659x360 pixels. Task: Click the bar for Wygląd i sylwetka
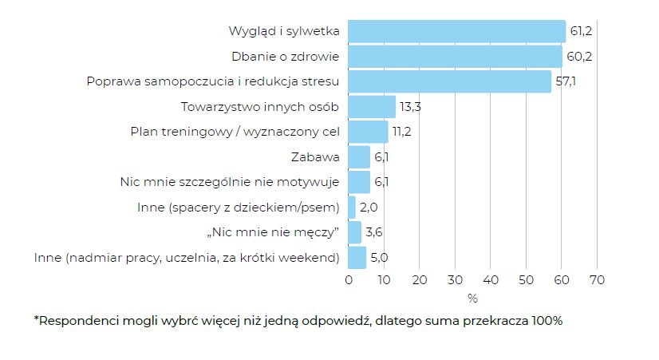coord(456,32)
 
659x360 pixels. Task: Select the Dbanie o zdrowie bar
coord(455,57)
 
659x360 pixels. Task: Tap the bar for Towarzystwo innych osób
coord(372,107)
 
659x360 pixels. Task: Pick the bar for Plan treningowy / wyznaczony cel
coord(368,132)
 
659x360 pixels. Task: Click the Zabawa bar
coord(359,157)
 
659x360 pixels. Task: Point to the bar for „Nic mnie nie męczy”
coord(355,232)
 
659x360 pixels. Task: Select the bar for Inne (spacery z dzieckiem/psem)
coord(352,208)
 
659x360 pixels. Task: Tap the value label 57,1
coord(566,82)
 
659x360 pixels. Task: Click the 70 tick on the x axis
coord(597,280)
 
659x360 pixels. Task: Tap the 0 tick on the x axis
coord(349,280)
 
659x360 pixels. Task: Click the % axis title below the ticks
coord(472,299)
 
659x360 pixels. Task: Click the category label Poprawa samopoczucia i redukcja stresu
coord(213,82)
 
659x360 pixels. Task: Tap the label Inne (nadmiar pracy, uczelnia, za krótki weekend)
coord(187,258)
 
